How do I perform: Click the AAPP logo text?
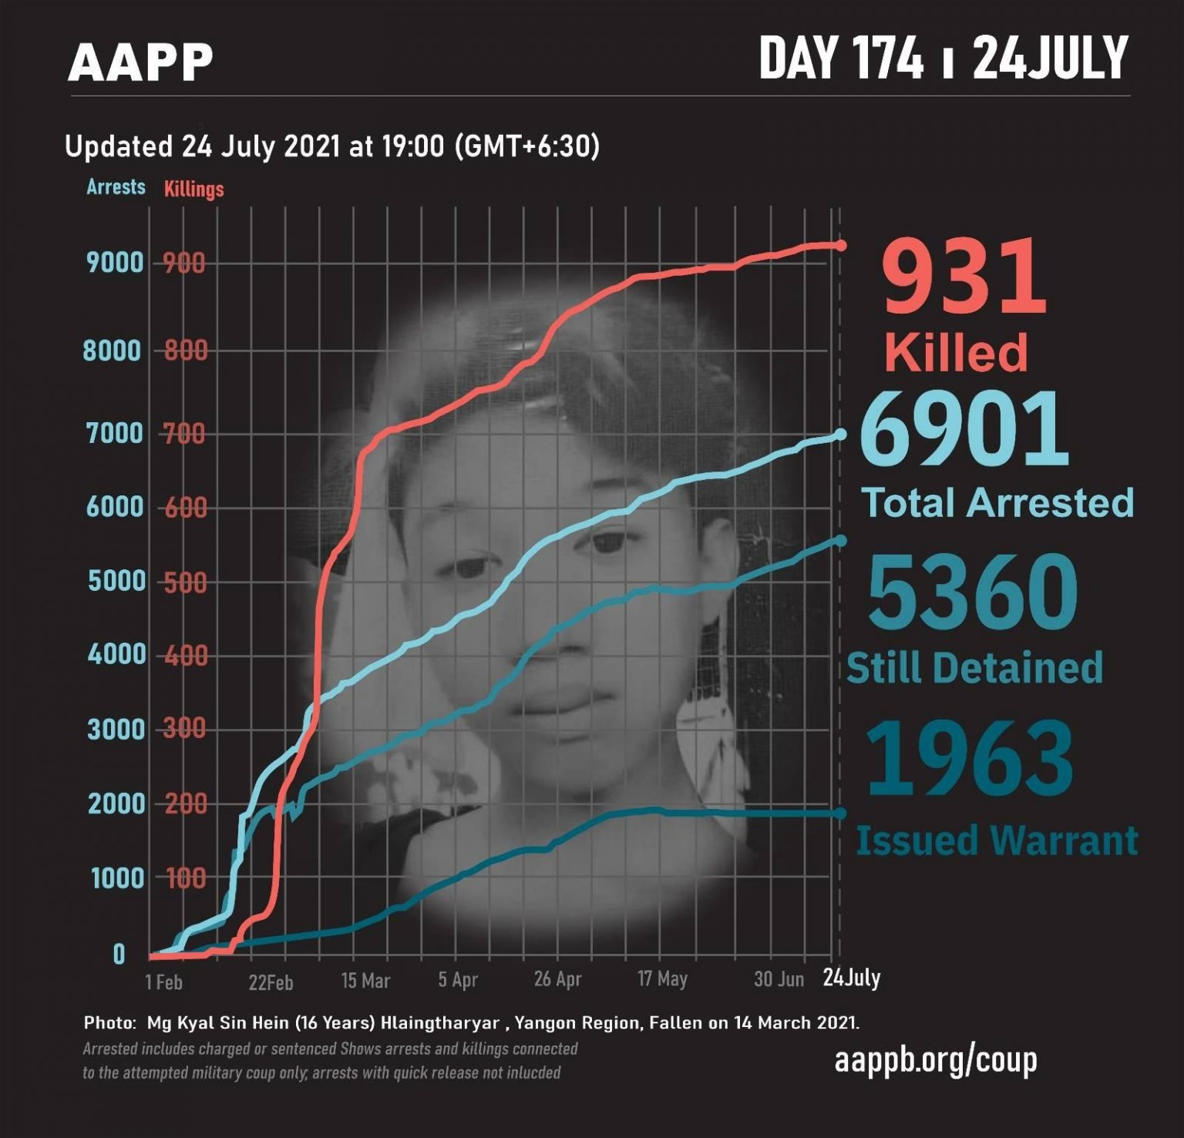coord(140,62)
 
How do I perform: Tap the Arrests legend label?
coord(116,187)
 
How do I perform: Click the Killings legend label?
coord(193,189)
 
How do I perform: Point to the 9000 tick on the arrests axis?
coord(116,263)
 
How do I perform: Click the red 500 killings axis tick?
coord(185,582)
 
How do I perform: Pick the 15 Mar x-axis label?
coord(365,981)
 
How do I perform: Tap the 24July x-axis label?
coord(851,978)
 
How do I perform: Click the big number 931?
coord(964,277)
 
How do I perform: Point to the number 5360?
coord(973,591)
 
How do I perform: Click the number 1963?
coord(969,758)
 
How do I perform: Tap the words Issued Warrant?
coord(997,840)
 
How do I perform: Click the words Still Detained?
coord(974,667)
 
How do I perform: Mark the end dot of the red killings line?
coord(841,245)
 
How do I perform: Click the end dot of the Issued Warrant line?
coord(840,814)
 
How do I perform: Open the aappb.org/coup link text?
coord(936,1059)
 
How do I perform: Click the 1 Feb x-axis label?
coord(164,982)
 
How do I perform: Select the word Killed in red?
coord(956,352)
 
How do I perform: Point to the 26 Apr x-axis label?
coord(557,979)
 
